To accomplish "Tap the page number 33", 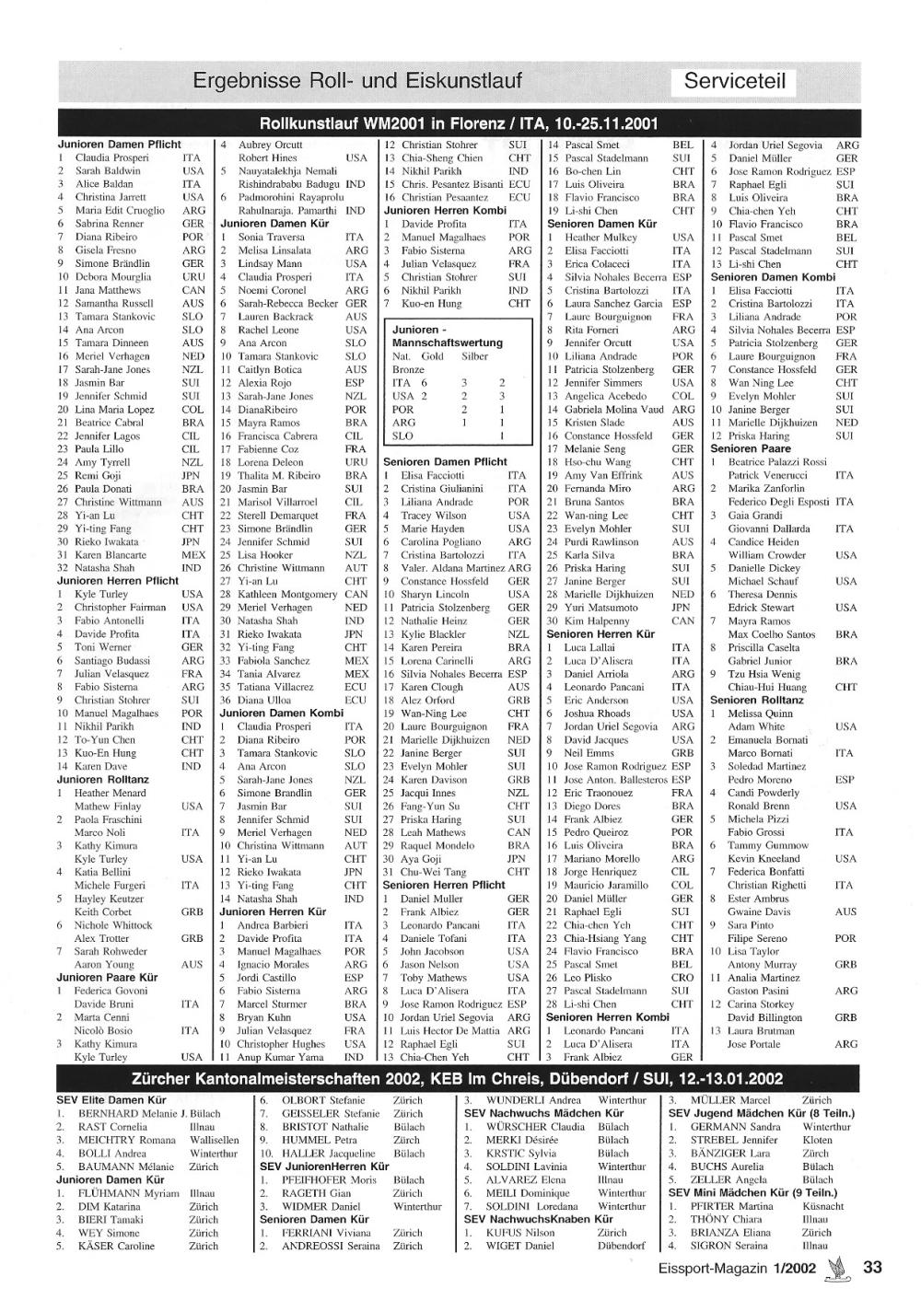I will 872,1267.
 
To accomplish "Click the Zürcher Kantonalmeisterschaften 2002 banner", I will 458,1079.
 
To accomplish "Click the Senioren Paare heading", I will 745,448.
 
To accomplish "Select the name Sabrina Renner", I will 110,224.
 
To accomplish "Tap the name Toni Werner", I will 103,647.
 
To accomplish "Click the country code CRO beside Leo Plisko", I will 682,978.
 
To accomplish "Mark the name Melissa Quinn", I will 760,714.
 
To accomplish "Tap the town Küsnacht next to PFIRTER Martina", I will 822,1206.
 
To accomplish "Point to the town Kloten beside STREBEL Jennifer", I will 817,1140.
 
